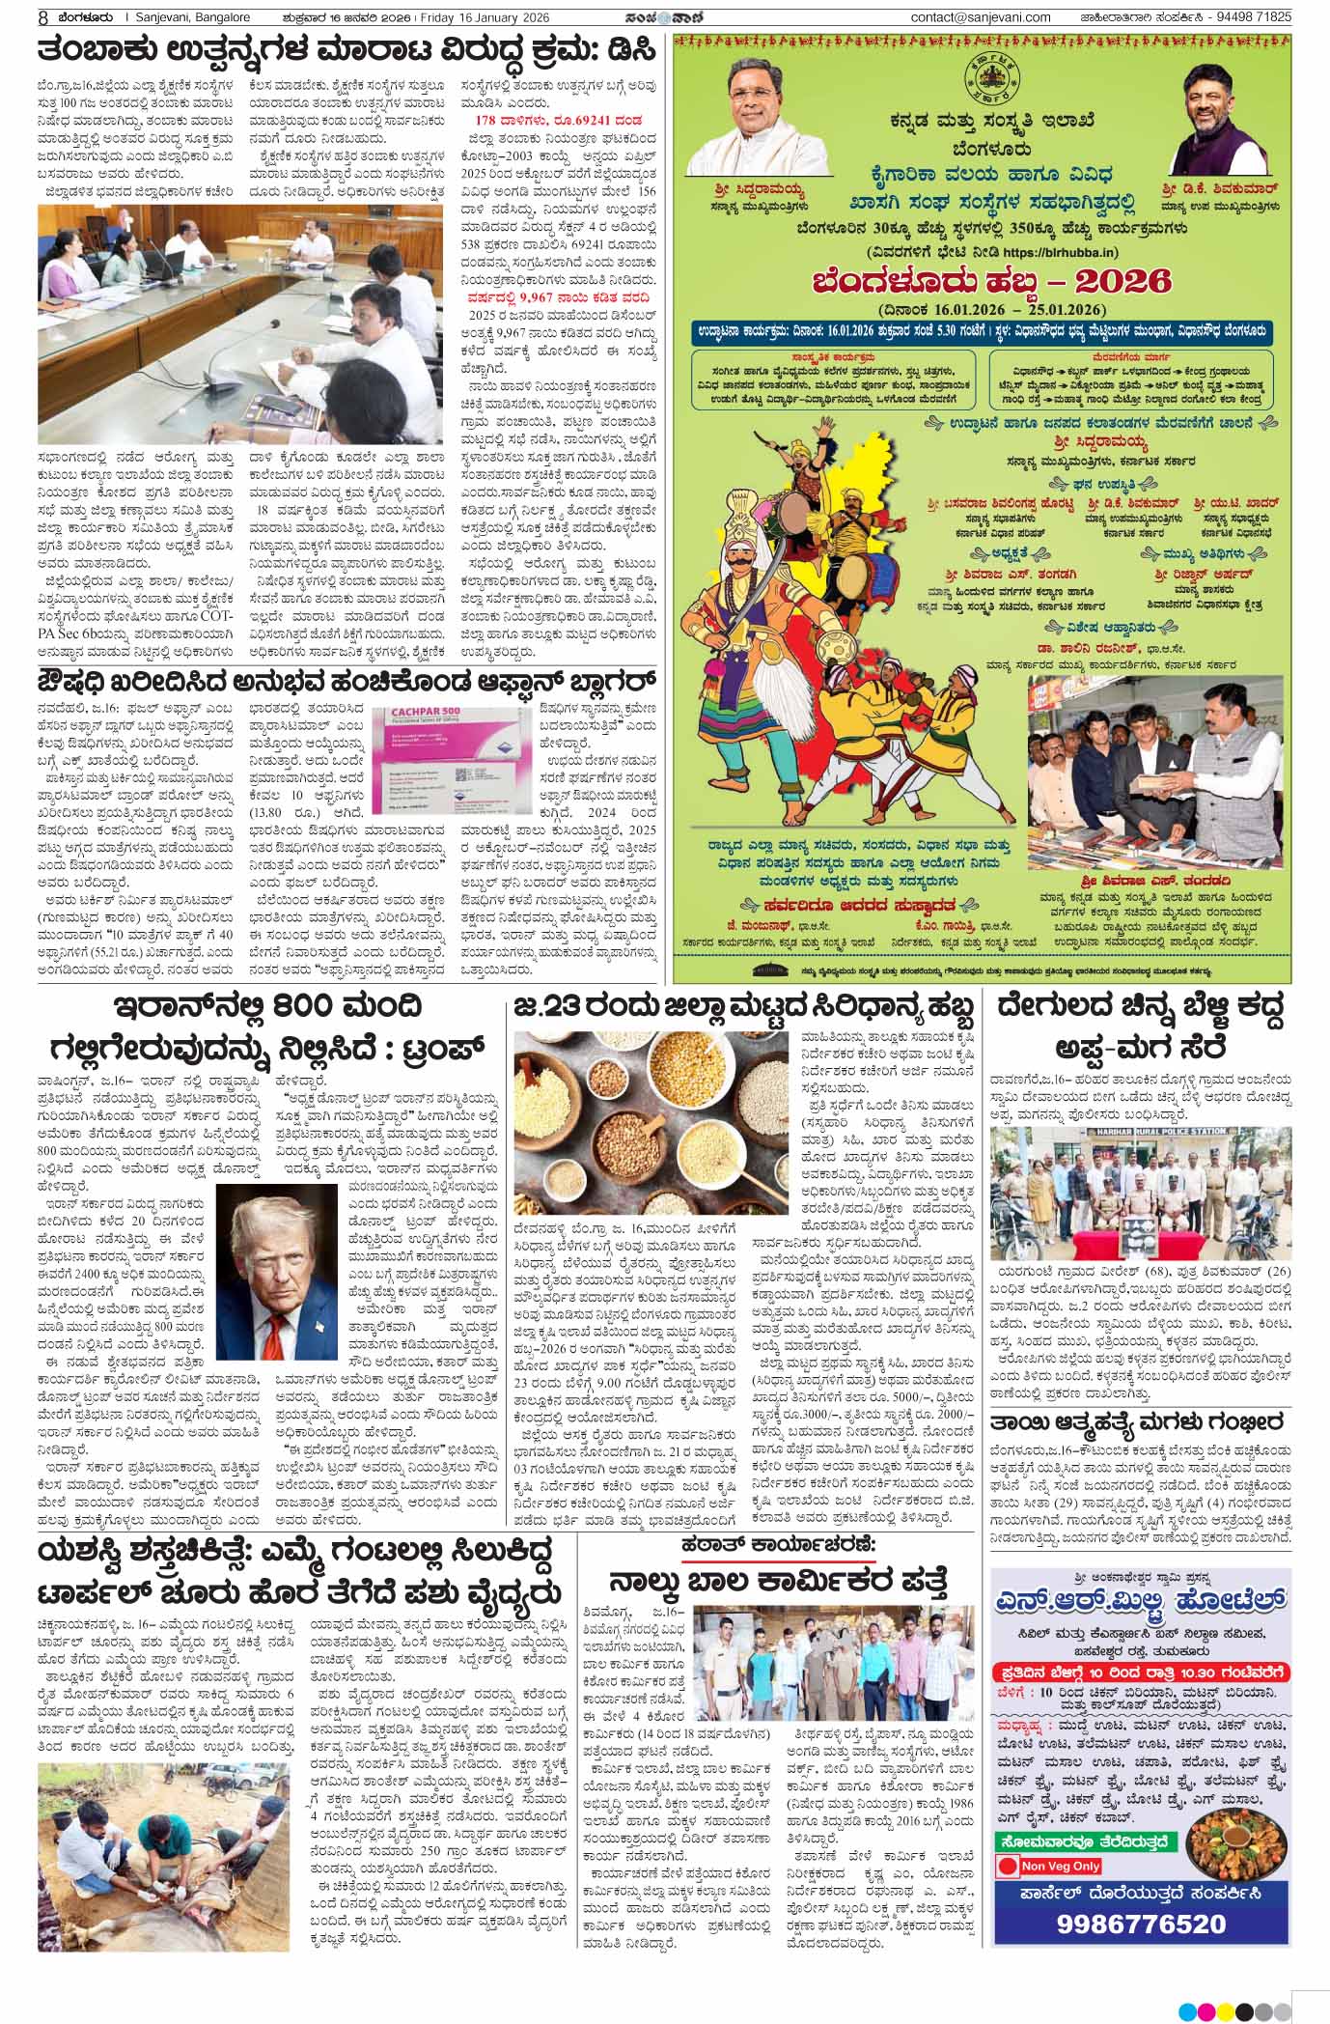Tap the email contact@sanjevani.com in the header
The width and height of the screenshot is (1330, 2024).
click(x=980, y=17)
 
